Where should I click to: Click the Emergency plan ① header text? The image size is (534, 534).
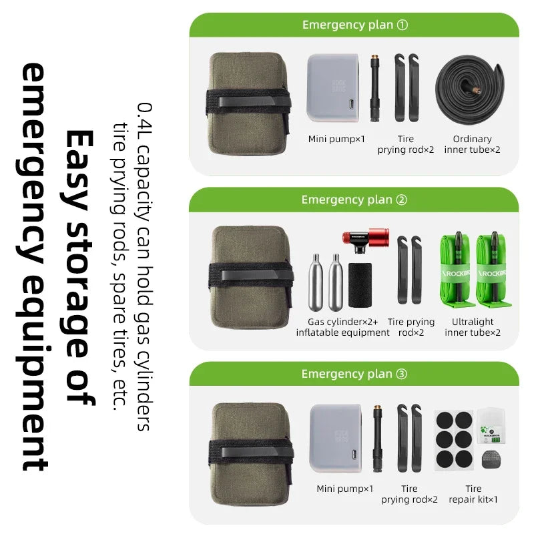coord(355,25)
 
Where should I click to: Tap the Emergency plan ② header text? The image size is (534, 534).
coord(354,200)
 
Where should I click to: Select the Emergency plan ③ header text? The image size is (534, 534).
coord(354,374)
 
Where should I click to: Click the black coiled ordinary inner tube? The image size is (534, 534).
coord(470,90)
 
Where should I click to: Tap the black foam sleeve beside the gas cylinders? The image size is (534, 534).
coord(360,285)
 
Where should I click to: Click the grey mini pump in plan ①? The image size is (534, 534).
coord(333,88)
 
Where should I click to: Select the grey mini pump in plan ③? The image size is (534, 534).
coord(336,438)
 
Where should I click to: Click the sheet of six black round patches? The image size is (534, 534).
coord(454,440)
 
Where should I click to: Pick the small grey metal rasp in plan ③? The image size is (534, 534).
coord(492,459)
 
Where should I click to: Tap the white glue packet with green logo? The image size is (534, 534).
coord(491,427)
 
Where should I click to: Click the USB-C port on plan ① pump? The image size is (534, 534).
coord(351,103)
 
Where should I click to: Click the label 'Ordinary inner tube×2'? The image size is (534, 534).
coord(472,144)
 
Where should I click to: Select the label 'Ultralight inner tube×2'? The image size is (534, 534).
coord(473,327)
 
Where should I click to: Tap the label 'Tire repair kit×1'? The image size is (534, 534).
coord(473,494)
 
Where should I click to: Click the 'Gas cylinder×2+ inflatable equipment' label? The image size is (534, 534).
coord(342,327)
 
